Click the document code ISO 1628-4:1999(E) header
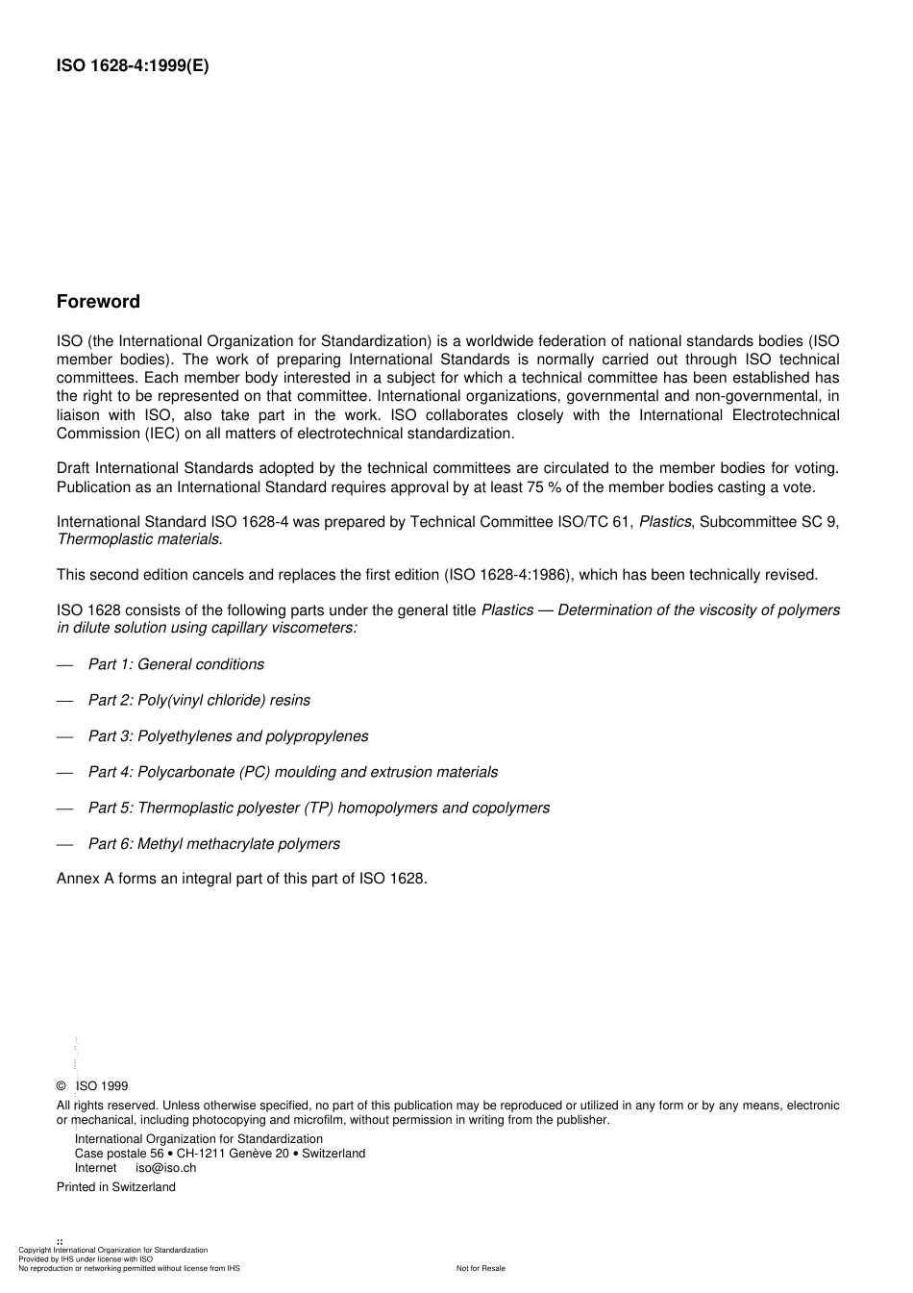[132, 65]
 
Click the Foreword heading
[98, 302]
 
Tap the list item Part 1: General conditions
[176, 664]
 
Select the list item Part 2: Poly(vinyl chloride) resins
[199, 700]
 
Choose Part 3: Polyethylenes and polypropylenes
[228, 736]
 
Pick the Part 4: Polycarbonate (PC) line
[293, 772]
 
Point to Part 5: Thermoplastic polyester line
[319, 808]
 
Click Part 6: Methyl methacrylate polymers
[214, 844]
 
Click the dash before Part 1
[64, 665]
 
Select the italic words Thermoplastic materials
[138, 539]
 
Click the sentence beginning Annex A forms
[241, 878]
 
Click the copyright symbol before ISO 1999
[62, 1086]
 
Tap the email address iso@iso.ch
[165, 1168]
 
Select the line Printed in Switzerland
[116, 1187]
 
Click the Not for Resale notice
[481, 1268]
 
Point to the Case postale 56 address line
[219, 1154]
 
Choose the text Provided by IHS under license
[86, 1259]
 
